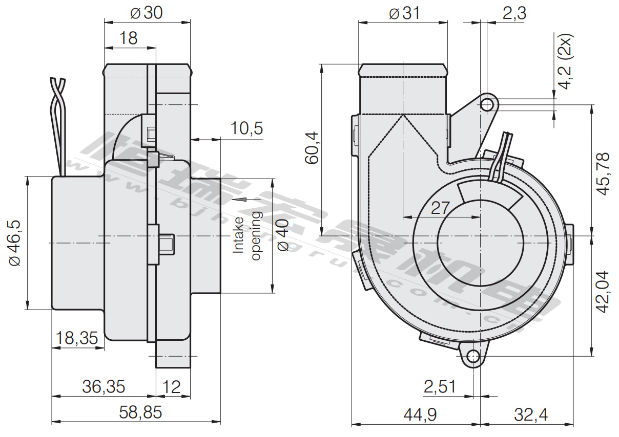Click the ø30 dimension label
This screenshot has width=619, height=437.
pyautogui.click(x=147, y=13)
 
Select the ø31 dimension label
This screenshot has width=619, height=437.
pyautogui.click(x=404, y=13)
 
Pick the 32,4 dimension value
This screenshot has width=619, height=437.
pyautogui.click(x=531, y=414)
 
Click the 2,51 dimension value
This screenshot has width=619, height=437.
pyautogui.click(x=440, y=386)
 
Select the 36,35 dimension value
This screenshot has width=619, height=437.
pyautogui.click(x=104, y=386)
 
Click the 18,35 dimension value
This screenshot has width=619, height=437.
pyautogui.click(x=76, y=338)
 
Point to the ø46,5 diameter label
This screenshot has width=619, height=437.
pyautogui.click(x=14, y=243)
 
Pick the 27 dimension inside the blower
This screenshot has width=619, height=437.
pyautogui.click(x=440, y=208)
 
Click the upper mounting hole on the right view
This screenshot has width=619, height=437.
pyautogui.click(x=488, y=105)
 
